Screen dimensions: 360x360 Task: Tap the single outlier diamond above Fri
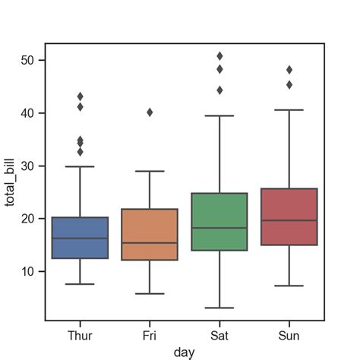point(150,112)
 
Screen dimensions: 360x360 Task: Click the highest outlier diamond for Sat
point(219,56)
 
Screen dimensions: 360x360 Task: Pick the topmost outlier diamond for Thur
point(80,96)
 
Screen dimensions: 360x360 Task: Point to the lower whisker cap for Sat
point(219,308)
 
